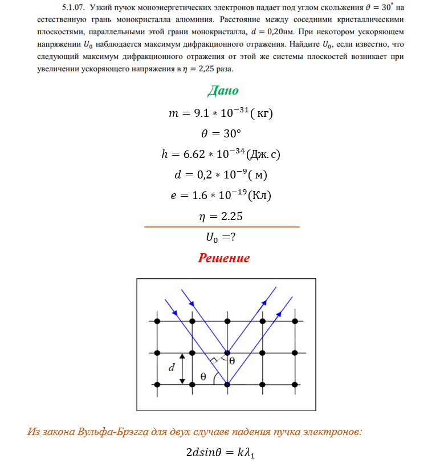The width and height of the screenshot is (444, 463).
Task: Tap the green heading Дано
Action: (223, 91)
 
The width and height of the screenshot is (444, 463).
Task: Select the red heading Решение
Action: (223, 258)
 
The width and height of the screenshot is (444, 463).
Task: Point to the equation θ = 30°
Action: (222, 133)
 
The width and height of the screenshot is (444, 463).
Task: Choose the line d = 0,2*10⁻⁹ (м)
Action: (222, 174)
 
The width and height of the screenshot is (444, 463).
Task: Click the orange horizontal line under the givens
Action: (222, 227)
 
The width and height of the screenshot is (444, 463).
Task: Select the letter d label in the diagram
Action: (170, 368)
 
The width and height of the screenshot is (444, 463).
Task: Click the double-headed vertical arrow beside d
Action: (182, 368)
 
